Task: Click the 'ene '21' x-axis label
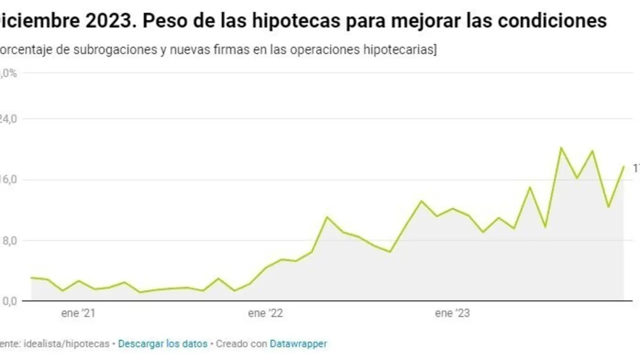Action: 78,313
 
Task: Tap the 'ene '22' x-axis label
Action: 265,313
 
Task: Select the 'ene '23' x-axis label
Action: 452,313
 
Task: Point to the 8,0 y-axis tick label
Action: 8,240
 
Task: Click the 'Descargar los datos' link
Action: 163,344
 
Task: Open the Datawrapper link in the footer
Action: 298,344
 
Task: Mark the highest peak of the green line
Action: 561,147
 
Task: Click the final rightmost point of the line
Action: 623,166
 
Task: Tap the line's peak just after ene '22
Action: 327,217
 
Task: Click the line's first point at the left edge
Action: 31,277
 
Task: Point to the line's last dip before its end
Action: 608,206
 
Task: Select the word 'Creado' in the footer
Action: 232,344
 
